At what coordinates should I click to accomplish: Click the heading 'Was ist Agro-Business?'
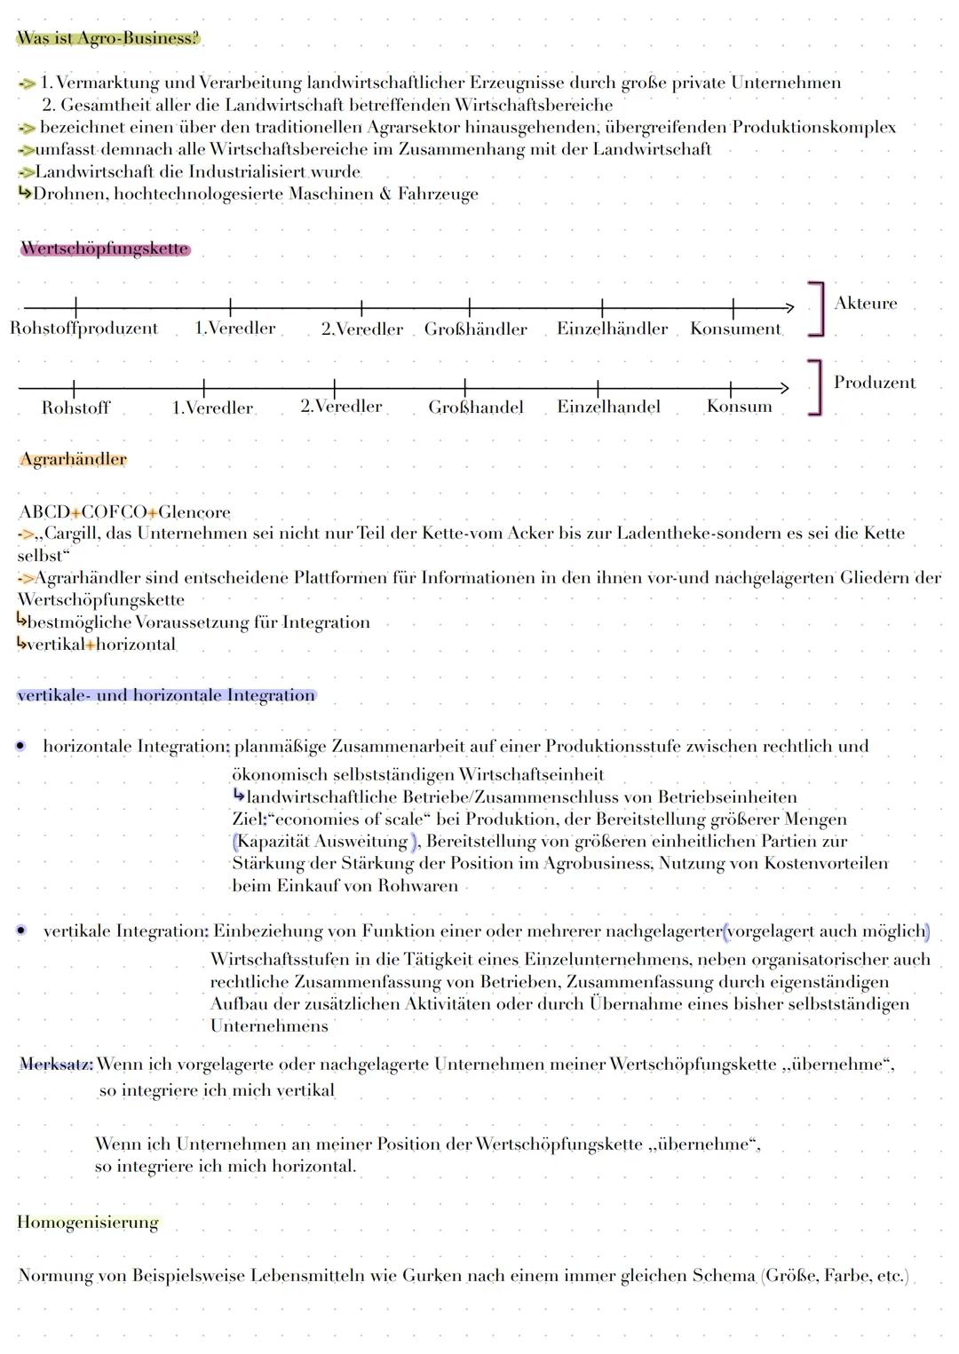(108, 38)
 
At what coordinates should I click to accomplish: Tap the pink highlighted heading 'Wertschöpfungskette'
(105, 249)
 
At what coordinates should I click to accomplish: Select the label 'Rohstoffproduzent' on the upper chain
(84, 329)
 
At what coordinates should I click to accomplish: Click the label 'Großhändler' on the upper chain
(475, 329)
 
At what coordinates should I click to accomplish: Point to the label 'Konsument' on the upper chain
(735, 329)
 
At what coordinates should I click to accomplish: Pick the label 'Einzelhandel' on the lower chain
(608, 407)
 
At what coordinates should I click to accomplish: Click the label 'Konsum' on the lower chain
(739, 407)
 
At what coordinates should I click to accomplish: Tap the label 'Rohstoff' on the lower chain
(75, 408)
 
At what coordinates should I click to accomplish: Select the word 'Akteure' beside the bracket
(865, 303)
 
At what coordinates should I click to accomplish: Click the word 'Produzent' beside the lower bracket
(874, 383)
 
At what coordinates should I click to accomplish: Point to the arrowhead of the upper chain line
(789, 307)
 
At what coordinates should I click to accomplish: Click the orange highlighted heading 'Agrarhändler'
(74, 459)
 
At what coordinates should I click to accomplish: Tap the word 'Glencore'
(194, 512)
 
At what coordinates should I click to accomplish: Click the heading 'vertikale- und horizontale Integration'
(166, 695)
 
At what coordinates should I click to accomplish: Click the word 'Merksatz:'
(56, 1064)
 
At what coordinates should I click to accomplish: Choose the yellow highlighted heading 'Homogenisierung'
(88, 1222)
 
